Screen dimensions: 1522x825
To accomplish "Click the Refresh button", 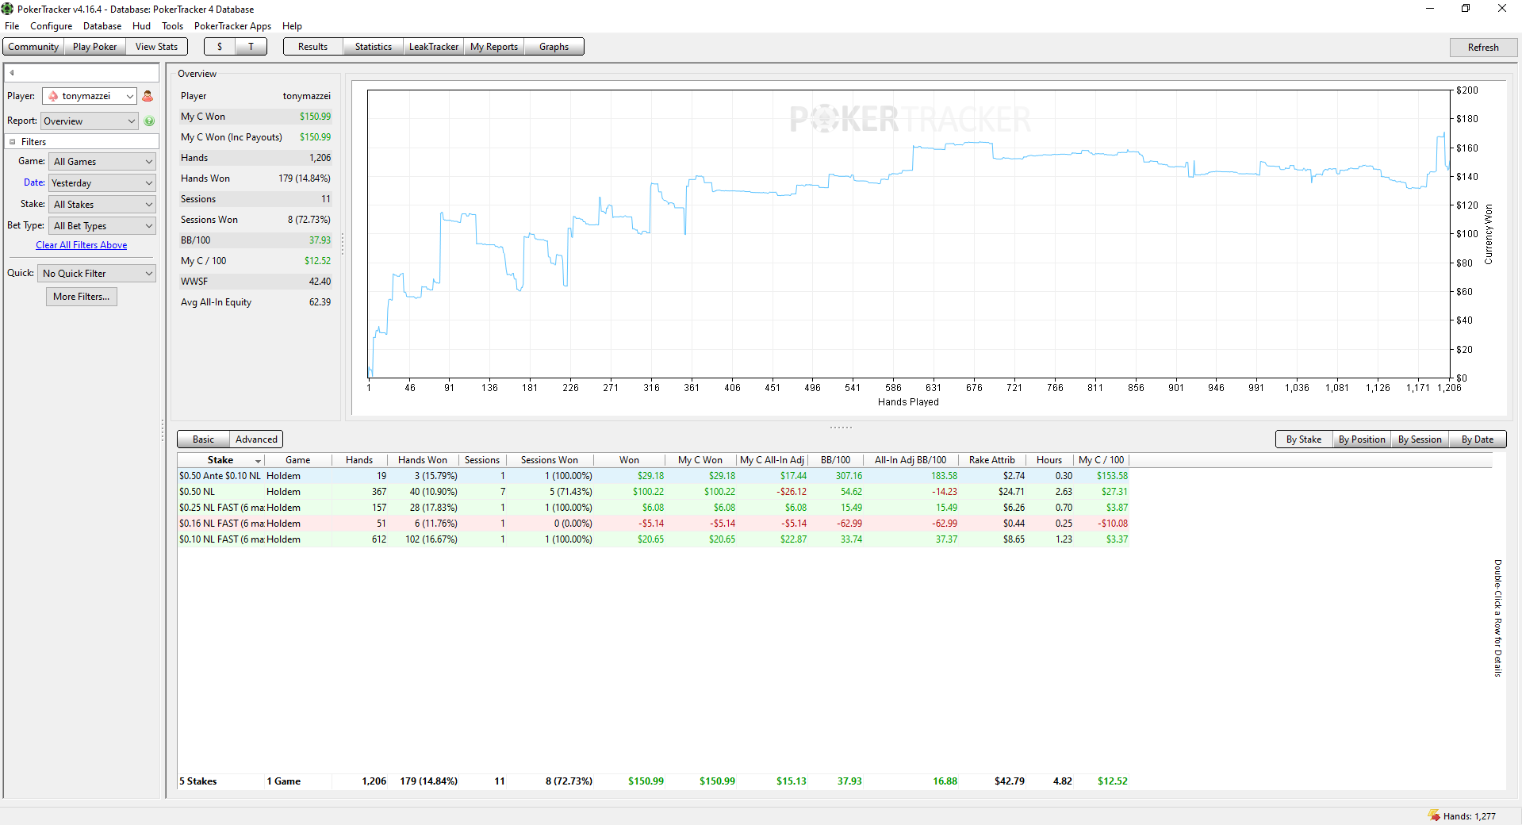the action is click(1482, 48).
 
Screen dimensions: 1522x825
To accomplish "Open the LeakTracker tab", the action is click(433, 47).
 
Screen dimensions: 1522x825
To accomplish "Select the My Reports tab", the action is click(493, 47).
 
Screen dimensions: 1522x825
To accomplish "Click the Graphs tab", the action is click(554, 47).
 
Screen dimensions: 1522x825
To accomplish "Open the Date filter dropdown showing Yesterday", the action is click(102, 183).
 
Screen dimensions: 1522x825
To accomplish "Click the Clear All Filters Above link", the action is click(81, 245).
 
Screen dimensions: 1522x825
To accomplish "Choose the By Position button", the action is click(1361, 439).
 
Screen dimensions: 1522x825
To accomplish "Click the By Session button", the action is click(1420, 439).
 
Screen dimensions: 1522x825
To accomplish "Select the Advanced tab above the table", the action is click(256, 439).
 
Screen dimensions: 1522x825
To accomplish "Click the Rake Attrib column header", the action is click(991, 460).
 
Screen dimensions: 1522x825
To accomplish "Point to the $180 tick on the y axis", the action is click(1467, 119).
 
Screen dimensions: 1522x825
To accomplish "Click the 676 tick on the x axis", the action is click(974, 388).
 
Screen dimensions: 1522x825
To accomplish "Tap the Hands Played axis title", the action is click(908, 402).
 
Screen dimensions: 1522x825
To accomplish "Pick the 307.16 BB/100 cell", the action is click(849, 476).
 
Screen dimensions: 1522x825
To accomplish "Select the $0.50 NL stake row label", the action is click(197, 492).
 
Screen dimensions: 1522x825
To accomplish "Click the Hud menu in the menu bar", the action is click(141, 26).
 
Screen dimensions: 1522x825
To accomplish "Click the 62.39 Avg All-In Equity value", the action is click(320, 302).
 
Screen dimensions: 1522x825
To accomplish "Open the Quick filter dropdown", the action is click(97, 274).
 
